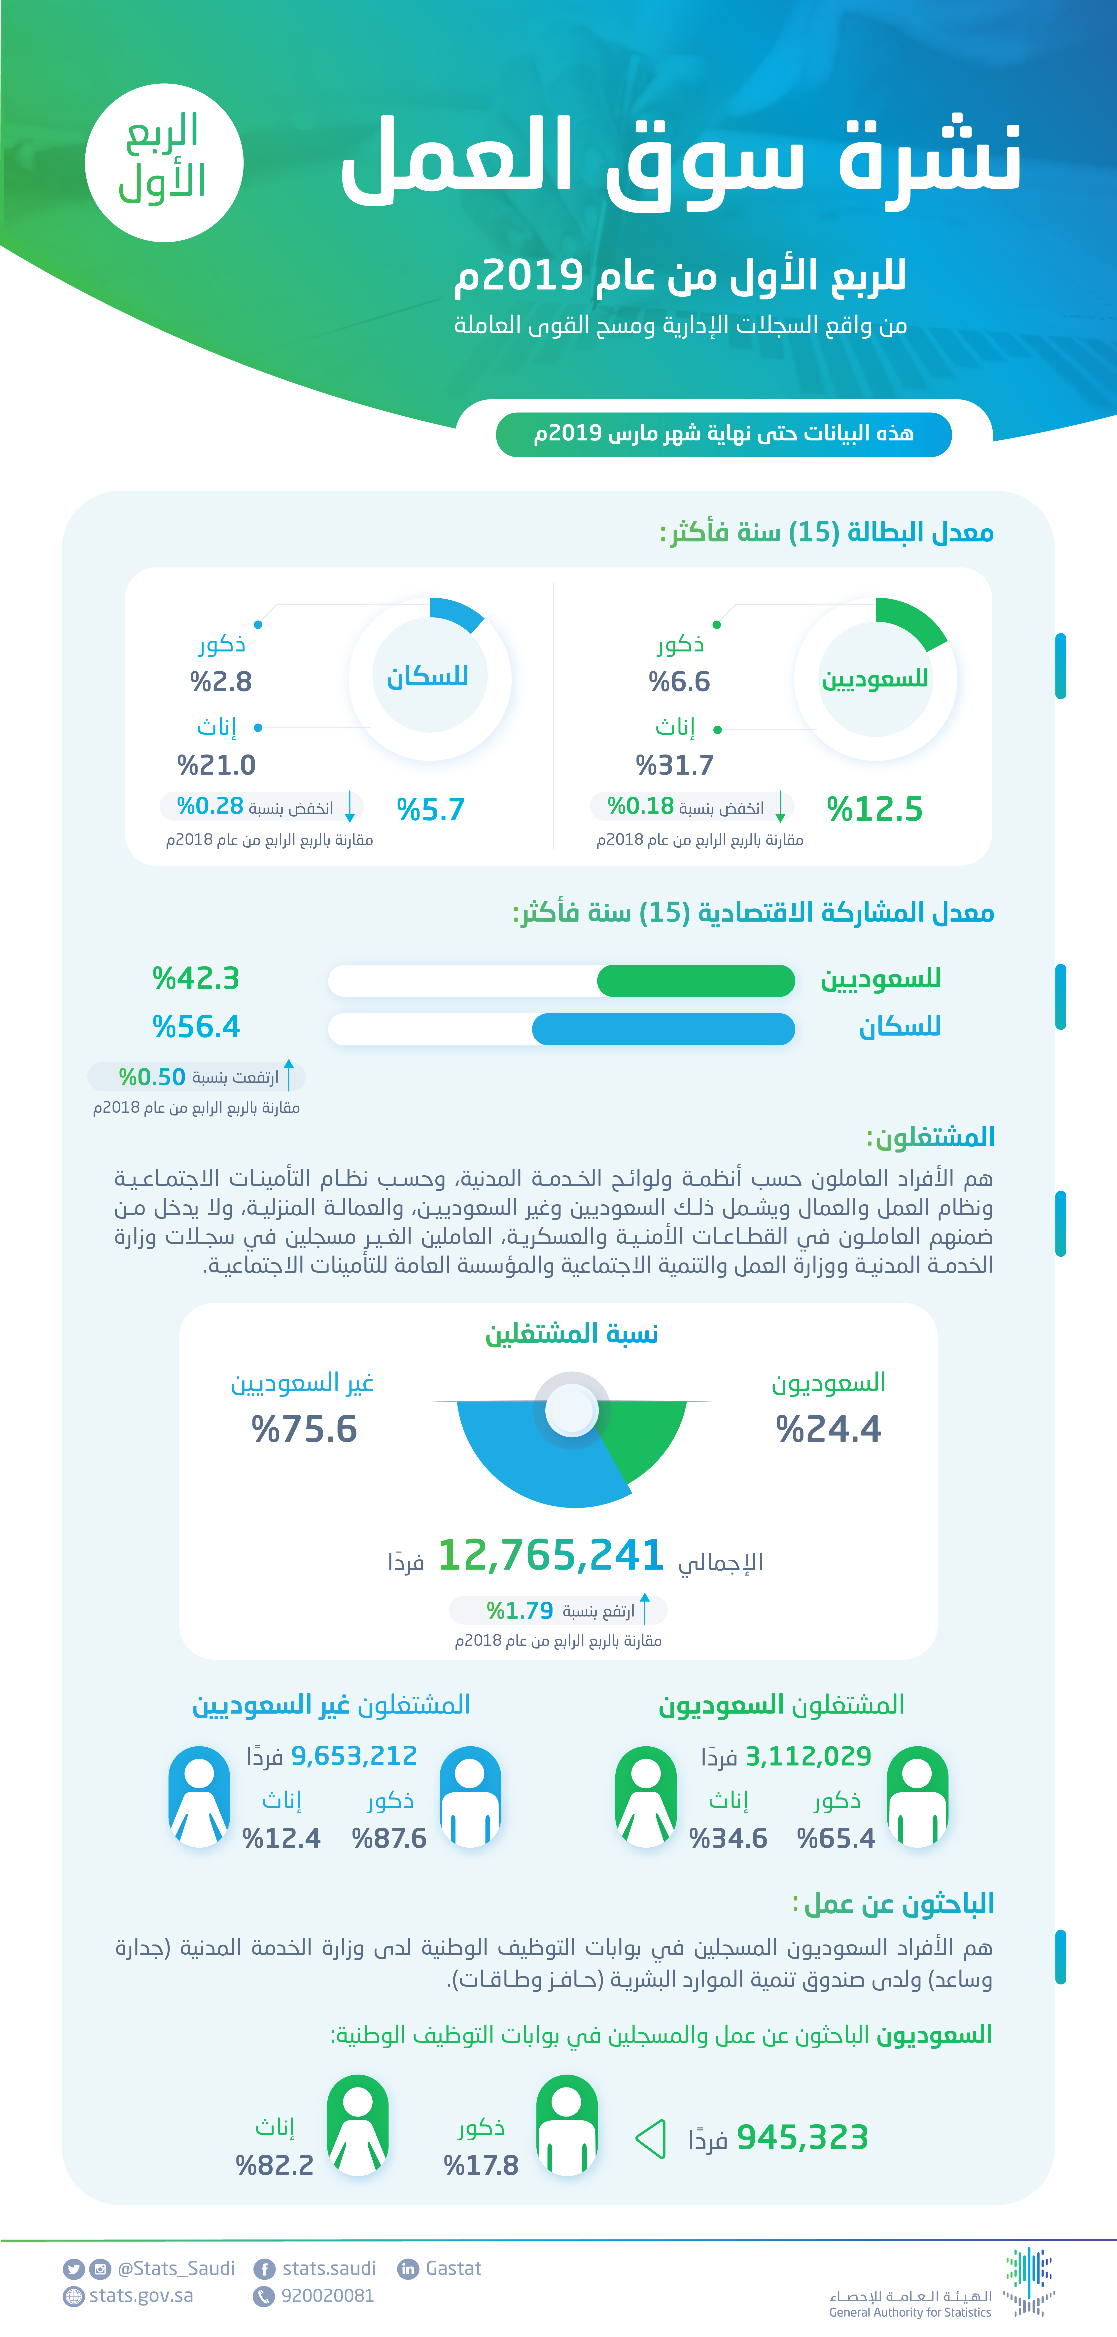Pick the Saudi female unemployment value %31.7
pyautogui.click(x=674, y=765)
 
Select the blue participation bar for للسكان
pyautogui.click(x=663, y=1029)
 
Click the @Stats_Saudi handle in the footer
pyautogui.click(x=176, y=2269)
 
